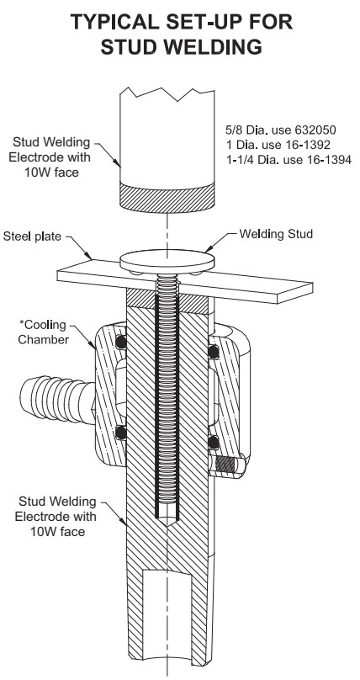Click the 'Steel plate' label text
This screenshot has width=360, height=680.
(x=34, y=236)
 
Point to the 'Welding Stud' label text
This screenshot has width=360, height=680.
(x=283, y=236)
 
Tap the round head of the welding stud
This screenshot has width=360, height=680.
(x=164, y=258)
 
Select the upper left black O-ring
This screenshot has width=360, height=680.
(x=121, y=343)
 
